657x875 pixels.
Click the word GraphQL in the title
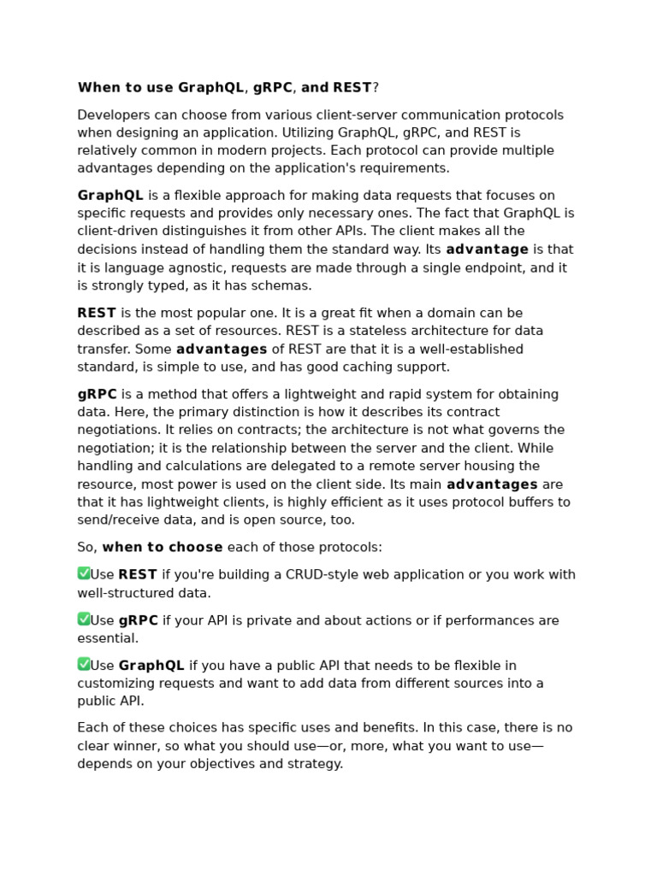(x=211, y=88)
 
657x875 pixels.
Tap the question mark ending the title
(x=376, y=88)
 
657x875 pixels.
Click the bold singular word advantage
(x=487, y=250)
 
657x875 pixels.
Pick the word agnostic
(x=191, y=267)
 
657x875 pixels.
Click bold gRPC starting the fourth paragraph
(x=97, y=394)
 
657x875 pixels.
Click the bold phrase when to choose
(x=163, y=547)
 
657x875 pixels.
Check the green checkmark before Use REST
(x=84, y=573)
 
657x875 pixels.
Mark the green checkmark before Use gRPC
(x=84, y=619)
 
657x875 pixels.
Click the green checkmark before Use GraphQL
(x=84, y=664)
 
